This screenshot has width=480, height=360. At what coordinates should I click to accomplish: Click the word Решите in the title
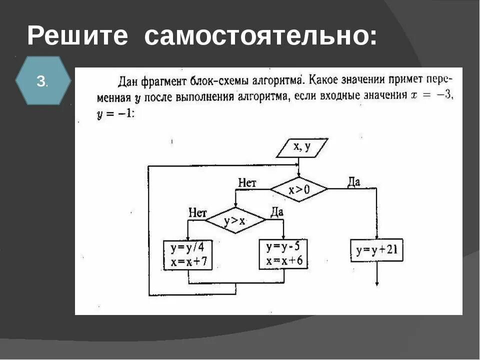pos(77,36)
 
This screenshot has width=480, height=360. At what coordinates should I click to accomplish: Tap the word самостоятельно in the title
pos(261,36)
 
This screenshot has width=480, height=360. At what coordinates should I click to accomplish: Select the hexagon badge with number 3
pos(42,80)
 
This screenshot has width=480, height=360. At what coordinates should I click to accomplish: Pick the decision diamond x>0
pos(299,189)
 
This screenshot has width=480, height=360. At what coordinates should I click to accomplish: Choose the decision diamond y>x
pos(234,220)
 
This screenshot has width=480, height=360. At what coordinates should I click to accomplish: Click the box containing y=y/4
pos(188,255)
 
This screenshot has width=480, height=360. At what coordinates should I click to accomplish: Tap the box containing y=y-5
pos(283,254)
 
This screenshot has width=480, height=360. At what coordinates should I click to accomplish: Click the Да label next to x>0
pos(353,182)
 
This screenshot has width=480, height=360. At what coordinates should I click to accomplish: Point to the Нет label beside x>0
pos(247,183)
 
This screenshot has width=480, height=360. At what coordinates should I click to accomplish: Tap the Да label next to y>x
pos(277,212)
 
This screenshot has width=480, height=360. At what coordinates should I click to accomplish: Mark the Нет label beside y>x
pos(197,212)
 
